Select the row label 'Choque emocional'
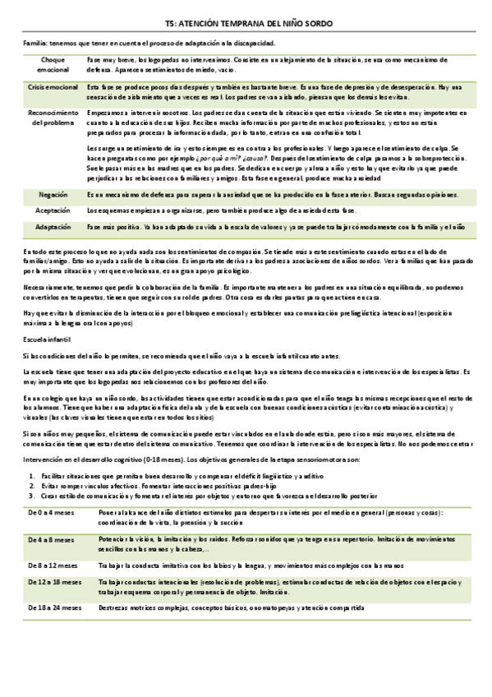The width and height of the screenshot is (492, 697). (52, 65)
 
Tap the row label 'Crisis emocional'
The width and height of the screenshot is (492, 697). (52, 86)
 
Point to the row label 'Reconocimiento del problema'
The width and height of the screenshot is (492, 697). (53, 116)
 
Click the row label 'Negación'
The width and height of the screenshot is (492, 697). (53, 195)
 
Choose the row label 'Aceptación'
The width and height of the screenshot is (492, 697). (53, 210)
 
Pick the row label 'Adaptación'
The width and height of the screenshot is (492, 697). (53, 226)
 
